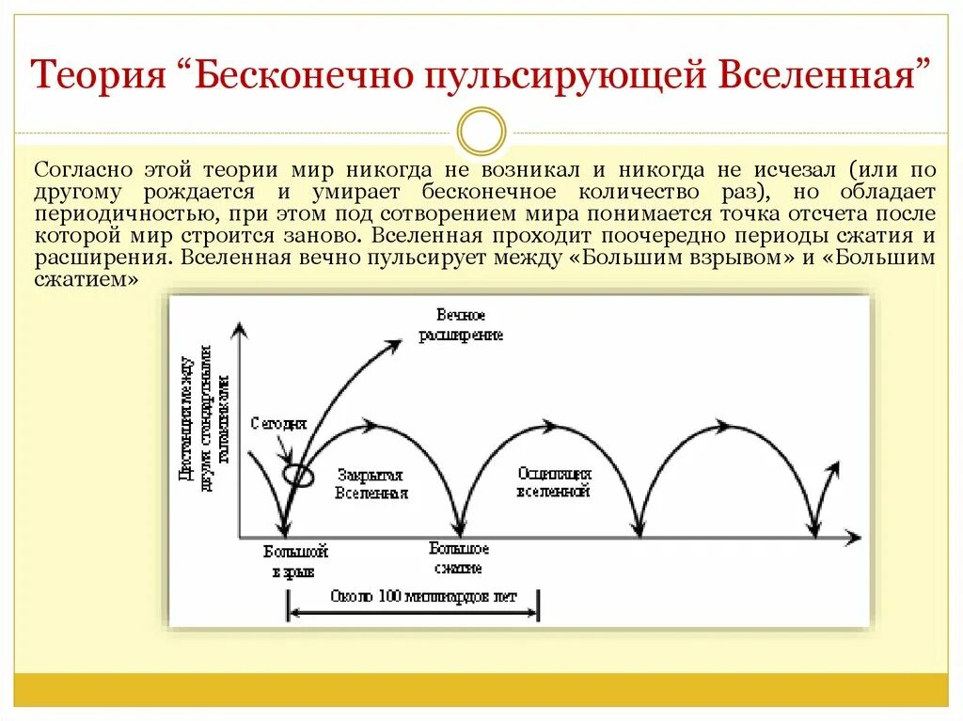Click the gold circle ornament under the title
pos(481,131)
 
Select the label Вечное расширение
pos(461,325)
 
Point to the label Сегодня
pos(278,424)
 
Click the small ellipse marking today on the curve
pos(299,475)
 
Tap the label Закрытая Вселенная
pos(371,484)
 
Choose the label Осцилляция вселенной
pos(554,482)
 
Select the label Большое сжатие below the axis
pos(459,558)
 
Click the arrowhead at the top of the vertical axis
pos(241,329)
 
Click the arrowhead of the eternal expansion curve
pos(388,345)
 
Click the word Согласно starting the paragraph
pos(82,170)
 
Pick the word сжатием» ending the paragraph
pos(86,279)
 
